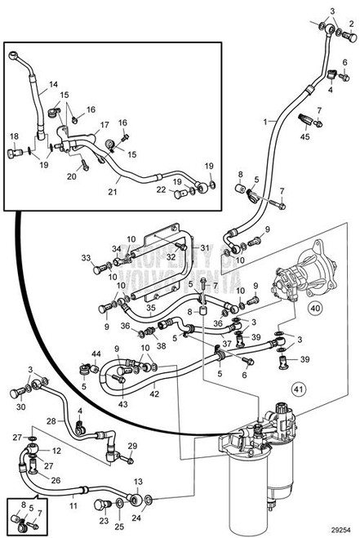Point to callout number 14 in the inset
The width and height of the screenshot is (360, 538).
[x=53, y=84]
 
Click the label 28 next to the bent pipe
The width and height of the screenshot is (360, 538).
[x=50, y=422]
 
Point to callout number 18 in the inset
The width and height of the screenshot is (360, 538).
[x=14, y=136]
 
